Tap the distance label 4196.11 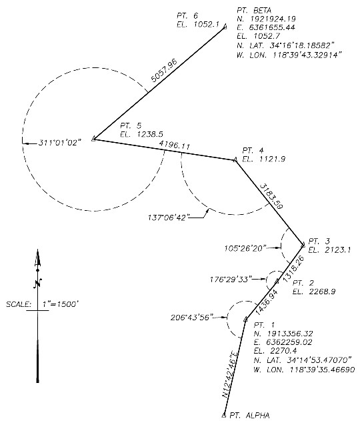coord(175,145)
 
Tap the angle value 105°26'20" coord(247,248)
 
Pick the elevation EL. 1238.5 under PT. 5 coord(136,133)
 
